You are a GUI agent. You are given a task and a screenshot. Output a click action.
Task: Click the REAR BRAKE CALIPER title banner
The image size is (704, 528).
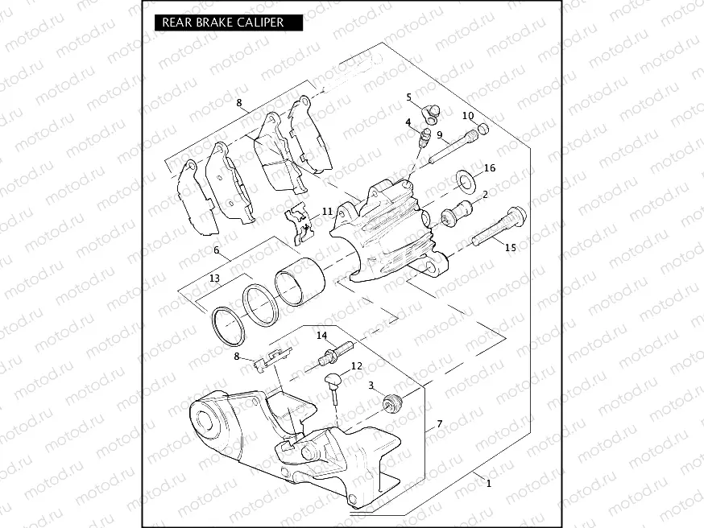223,23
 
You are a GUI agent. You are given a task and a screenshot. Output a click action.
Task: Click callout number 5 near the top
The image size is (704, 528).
409,97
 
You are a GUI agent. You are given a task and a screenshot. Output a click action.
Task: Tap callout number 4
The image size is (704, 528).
409,123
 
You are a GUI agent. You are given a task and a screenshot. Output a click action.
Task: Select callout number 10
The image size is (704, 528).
467,115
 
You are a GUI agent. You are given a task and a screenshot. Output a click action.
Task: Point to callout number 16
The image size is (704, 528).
490,168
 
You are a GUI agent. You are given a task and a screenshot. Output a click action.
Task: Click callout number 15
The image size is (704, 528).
510,248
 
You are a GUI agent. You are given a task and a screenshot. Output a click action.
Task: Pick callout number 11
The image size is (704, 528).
327,211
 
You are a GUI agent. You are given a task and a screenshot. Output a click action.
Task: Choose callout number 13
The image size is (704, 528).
213,278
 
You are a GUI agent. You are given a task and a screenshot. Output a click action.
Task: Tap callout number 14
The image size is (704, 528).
321,335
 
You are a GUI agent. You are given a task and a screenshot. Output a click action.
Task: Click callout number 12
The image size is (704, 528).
356,366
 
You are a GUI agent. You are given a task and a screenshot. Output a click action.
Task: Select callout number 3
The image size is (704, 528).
371,386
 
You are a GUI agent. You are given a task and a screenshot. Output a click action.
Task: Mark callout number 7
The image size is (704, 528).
440,423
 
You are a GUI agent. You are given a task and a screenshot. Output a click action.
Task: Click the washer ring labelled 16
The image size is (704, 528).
466,178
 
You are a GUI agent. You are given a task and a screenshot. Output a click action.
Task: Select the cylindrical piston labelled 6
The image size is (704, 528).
299,282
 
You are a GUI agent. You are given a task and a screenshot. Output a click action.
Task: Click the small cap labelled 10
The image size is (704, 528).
483,129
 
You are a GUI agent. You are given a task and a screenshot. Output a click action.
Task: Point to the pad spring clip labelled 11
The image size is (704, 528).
300,224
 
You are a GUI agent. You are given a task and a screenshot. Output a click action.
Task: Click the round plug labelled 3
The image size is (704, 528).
392,403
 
